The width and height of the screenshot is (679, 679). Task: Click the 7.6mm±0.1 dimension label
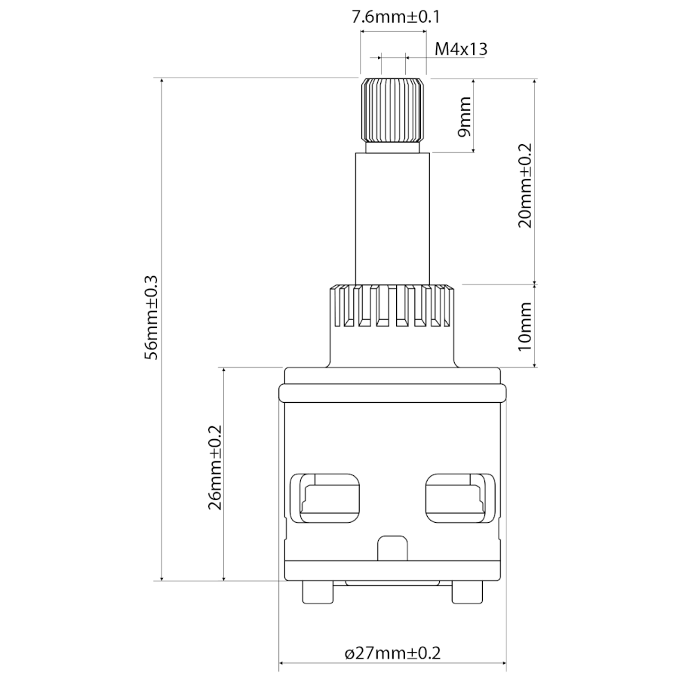point(395,17)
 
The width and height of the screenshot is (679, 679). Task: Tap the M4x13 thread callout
point(461,49)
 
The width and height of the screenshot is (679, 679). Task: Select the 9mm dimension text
point(464,116)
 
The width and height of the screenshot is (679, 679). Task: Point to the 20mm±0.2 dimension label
point(525,186)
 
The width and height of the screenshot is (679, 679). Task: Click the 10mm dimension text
point(525,327)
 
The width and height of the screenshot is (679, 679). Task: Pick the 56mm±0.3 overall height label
point(152,318)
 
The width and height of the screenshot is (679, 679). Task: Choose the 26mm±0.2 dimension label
point(215,467)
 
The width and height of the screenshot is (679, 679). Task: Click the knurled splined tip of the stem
point(392,110)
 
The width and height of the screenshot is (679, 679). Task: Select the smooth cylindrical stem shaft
point(392,219)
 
